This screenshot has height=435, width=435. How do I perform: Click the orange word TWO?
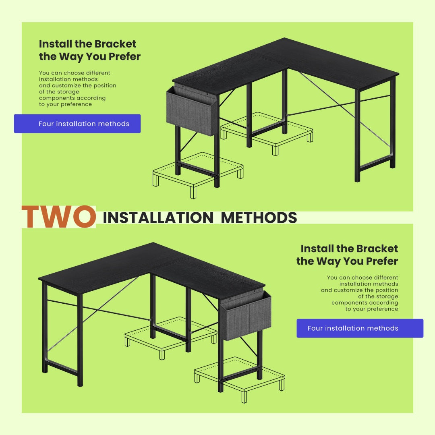(x=59, y=217)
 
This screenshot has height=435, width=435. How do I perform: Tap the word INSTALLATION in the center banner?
(x=158, y=217)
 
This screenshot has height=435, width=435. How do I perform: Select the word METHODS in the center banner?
(x=259, y=217)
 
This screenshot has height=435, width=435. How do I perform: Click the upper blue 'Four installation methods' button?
(x=77, y=124)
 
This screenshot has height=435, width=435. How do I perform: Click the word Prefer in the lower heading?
(x=382, y=261)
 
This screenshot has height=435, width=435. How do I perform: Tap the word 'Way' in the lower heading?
(x=327, y=261)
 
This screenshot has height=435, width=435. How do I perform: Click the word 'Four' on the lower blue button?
(x=315, y=328)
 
